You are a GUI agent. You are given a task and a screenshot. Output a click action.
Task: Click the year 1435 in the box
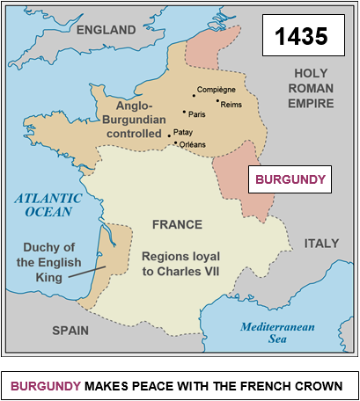click(x=302, y=37)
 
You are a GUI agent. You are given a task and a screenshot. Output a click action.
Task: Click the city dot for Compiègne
click(x=194, y=96)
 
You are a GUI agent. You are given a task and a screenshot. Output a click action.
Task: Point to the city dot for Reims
click(x=217, y=101)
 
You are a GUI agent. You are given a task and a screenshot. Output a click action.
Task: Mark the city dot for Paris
click(x=184, y=112)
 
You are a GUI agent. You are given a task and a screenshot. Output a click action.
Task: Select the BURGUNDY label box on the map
click(x=290, y=179)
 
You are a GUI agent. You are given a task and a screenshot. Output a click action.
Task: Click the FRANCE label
click(x=177, y=225)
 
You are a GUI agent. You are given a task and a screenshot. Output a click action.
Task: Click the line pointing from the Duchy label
click(x=88, y=266)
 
